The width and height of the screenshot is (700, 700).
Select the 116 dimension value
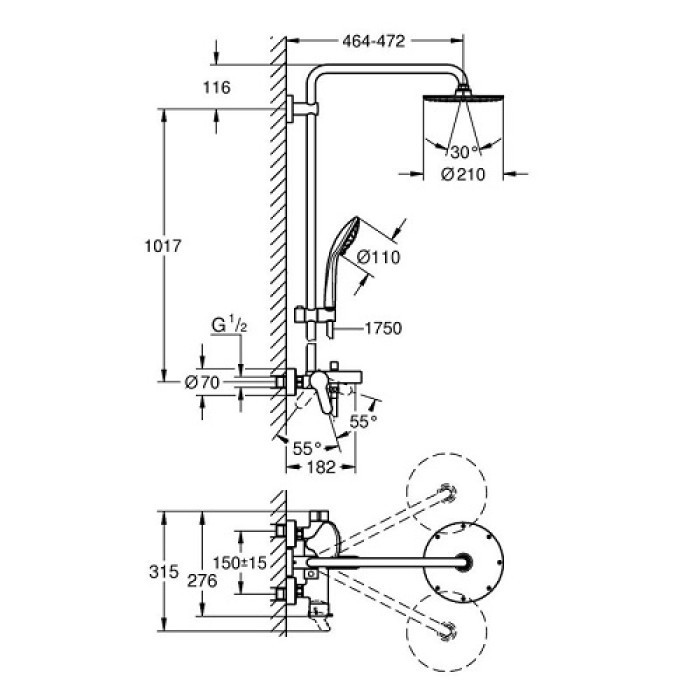[x=215, y=88]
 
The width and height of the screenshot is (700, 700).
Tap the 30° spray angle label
[x=460, y=152]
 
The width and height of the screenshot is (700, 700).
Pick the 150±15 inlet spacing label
[x=246, y=564]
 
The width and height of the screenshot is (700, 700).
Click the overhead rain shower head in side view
[x=462, y=100]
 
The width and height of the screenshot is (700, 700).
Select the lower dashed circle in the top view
[x=445, y=632]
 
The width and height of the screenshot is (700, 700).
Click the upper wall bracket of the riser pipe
[x=295, y=110]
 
